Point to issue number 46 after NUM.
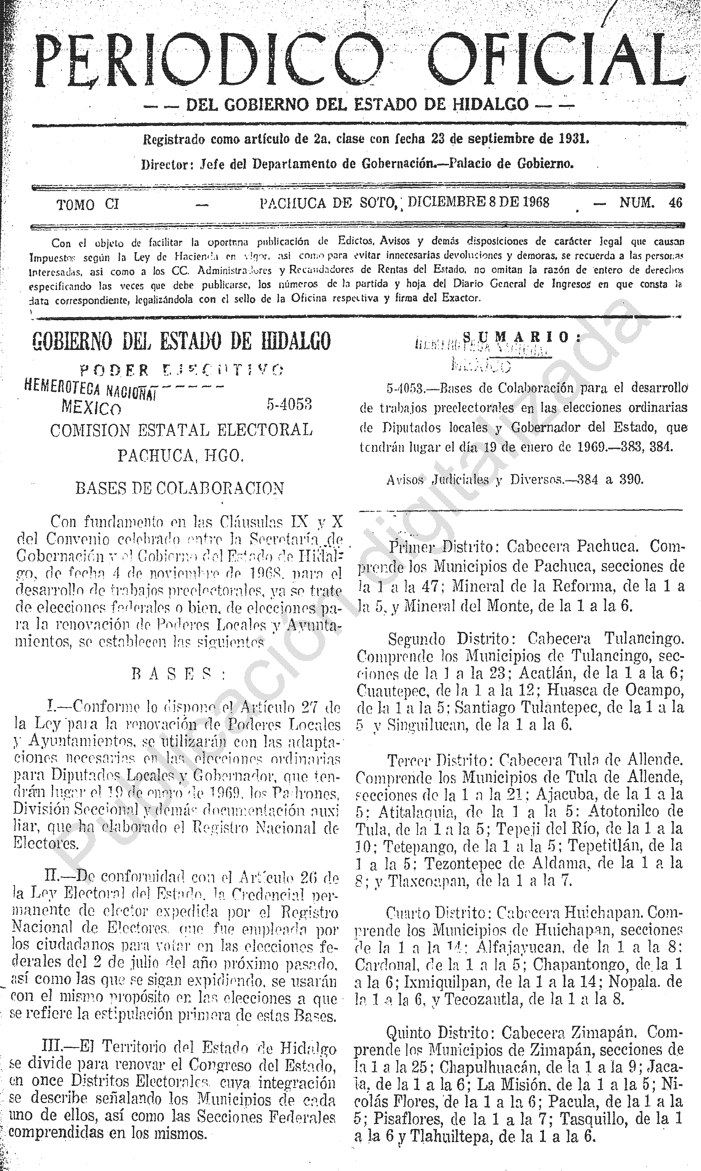click(x=675, y=203)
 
